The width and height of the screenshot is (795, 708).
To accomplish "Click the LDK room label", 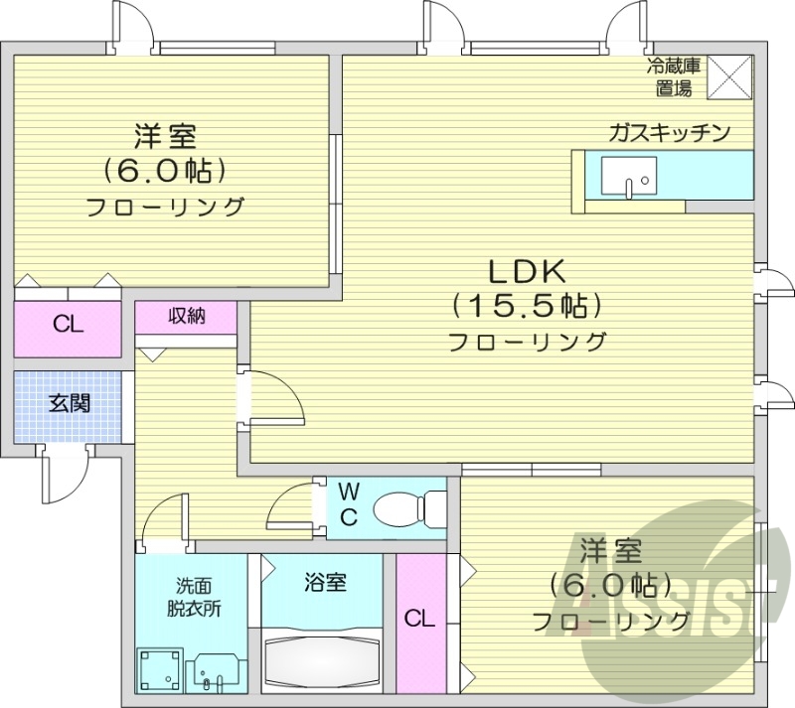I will (x=527, y=270).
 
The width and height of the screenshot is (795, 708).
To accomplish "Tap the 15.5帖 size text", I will (x=527, y=305).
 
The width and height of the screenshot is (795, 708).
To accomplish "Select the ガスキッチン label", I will (x=671, y=133).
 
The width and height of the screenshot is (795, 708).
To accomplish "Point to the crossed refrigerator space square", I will (x=730, y=76).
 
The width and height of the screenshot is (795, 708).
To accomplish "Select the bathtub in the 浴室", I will (x=323, y=664).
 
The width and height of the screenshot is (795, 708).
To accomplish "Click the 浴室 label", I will (x=325, y=582).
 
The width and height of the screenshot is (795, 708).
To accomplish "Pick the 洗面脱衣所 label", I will (x=194, y=598).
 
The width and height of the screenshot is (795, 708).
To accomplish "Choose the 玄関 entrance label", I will (x=69, y=403).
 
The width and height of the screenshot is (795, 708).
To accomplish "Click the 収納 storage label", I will (x=186, y=317).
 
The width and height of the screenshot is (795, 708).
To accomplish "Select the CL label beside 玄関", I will (x=68, y=324).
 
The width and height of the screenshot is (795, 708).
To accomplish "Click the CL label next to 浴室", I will (x=418, y=620).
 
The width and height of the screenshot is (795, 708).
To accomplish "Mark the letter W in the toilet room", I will (x=349, y=492).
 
